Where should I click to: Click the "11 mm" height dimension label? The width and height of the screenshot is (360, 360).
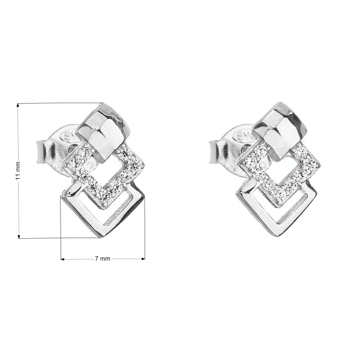click(18, 170)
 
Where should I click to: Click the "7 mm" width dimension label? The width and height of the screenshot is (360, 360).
click(103, 259)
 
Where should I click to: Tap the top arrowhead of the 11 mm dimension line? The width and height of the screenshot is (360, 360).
click(18, 105)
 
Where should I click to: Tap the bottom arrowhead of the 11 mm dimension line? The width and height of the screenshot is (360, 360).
click(19, 237)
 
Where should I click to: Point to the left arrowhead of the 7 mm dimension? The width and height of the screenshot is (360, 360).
click(62, 259)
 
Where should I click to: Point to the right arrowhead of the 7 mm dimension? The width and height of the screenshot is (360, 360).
click(143, 259)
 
